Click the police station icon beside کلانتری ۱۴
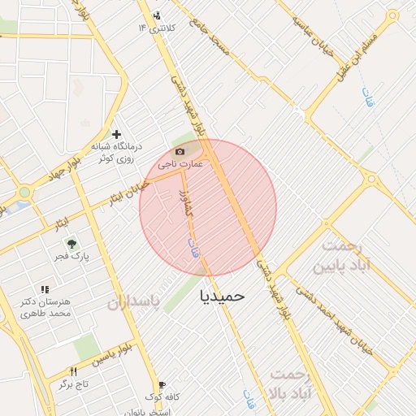[x=157, y=15]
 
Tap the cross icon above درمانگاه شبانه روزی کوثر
[x=117, y=134]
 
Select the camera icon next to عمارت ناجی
[x=180, y=152]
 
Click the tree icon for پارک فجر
[x=71, y=243]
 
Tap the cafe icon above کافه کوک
[x=162, y=385]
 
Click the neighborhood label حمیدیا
[x=222, y=297]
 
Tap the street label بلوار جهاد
[x=44, y=175]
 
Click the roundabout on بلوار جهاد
[x=24, y=193]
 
